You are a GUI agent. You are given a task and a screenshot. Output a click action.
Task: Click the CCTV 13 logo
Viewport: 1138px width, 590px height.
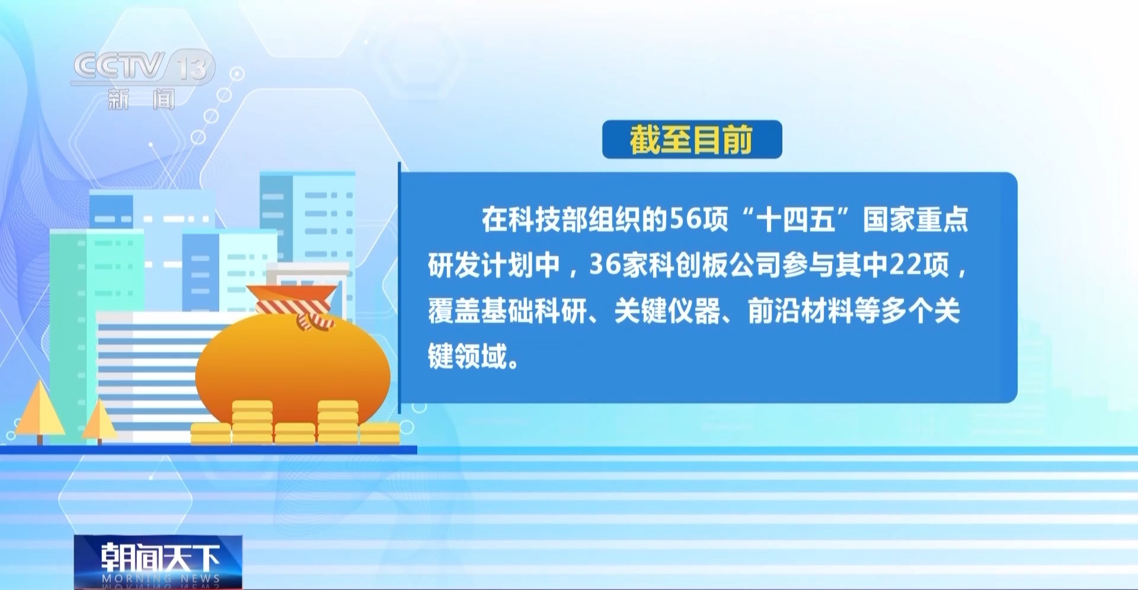point(142,66)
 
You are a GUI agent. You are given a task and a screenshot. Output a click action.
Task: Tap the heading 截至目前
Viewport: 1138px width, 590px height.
point(691,140)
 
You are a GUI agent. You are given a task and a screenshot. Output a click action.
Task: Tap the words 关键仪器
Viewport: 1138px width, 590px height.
point(667,311)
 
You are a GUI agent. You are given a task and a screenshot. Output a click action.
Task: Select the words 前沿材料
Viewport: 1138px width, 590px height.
point(801,311)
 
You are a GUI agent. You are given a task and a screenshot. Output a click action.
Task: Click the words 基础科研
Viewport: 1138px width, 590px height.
point(533,311)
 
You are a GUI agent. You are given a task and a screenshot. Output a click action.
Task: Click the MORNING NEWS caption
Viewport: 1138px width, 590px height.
point(161,578)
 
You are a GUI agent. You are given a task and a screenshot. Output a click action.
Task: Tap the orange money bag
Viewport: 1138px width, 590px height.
point(293,363)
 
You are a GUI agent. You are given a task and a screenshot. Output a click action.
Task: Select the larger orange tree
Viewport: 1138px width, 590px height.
point(40,412)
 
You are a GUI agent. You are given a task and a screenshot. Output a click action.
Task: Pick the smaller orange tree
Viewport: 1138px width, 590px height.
point(99,422)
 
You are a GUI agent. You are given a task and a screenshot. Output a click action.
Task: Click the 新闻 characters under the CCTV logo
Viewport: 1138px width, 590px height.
point(141,99)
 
